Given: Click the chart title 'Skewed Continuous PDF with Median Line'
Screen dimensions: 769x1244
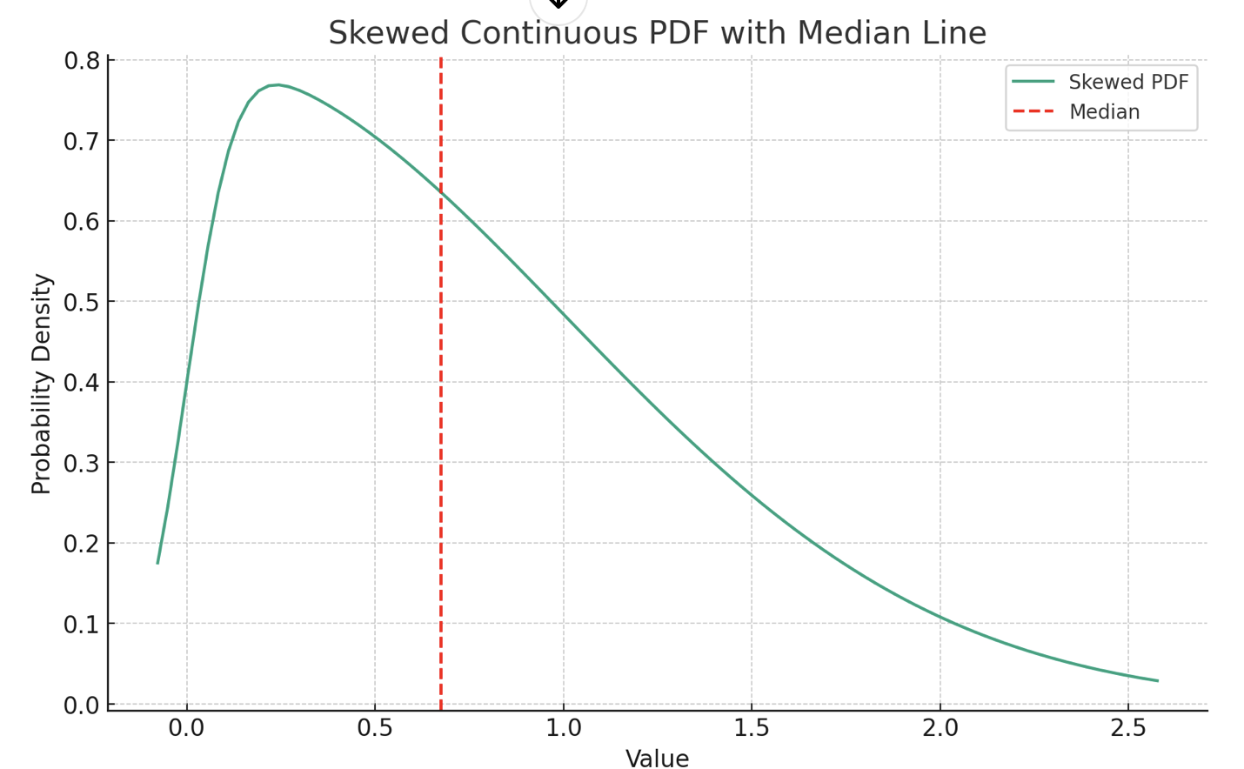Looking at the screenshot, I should click(657, 33).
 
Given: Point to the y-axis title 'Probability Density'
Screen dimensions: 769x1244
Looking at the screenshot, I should click(41, 384).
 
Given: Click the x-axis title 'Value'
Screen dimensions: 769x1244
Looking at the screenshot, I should click(657, 759).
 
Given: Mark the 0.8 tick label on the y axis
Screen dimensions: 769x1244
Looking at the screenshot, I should click(81, 61).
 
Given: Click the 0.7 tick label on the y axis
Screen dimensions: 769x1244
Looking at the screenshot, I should click(81, 141).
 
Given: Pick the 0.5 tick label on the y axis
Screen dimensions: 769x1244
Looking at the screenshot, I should click(81, 302).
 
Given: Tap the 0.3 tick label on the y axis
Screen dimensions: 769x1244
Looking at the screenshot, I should click(81, 463).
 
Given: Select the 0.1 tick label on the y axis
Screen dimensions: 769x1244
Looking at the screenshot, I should click(81, 624).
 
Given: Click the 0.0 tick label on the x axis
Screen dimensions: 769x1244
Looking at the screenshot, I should click(186, 727).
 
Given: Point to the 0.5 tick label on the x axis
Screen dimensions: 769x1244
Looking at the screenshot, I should click(375, 727).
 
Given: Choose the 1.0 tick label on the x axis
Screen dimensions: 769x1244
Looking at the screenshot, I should click(564, 727).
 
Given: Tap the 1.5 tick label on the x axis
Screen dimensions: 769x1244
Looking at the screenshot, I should click(752, 727).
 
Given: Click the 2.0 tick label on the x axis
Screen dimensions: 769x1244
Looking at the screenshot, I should click(940, 727).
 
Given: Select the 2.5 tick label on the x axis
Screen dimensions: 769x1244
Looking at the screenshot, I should click(1128, 727).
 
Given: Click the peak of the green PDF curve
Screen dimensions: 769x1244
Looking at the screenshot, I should click(277, 84).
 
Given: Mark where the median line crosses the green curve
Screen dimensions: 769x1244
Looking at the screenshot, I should click(441, 188).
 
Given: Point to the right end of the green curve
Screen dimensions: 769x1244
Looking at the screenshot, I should click(1157, 680).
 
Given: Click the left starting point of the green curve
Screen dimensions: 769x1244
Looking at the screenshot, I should click(157, 563).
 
